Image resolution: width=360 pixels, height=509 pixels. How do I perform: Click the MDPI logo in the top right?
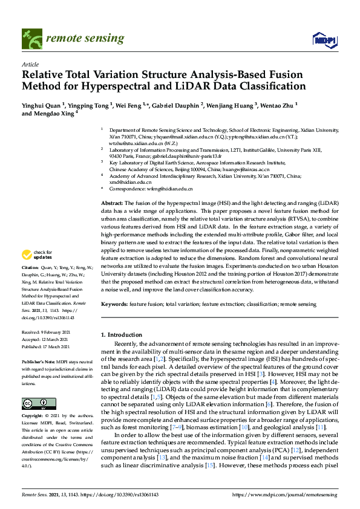pos(324,40)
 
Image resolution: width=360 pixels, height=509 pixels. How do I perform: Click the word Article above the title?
pos(30,64)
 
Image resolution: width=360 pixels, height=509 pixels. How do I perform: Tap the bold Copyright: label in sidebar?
pos(32,417)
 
